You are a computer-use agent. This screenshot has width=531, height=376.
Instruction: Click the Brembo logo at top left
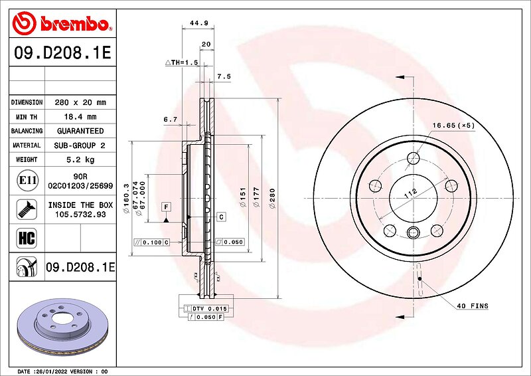(x=62, y=23)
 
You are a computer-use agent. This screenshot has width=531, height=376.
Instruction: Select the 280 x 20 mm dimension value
(x=80, y=102)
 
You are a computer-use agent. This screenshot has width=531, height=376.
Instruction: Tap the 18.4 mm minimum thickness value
(x=80, y=117)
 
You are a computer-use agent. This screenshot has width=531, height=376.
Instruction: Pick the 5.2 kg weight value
(x=80, y=159)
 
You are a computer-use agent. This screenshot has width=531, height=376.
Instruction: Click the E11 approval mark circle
(x=27, y=180)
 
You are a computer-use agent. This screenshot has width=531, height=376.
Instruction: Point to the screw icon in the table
(x=27, y=209)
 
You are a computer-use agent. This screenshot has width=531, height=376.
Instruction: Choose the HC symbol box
(x=27, y=238)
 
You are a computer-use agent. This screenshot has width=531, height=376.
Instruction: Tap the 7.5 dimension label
(x=224, y=76)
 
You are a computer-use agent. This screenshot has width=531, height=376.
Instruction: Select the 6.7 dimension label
(x=171, y=120)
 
